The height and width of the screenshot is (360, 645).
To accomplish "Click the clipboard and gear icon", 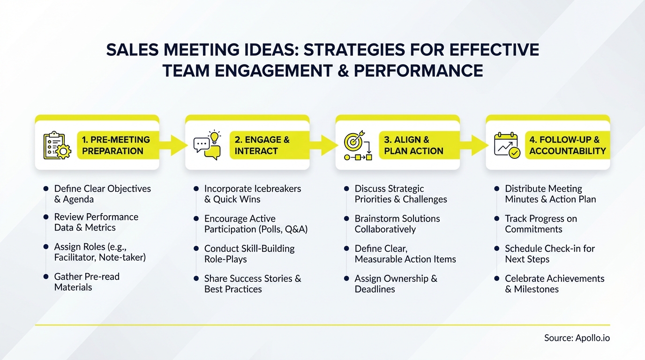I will [57, 145].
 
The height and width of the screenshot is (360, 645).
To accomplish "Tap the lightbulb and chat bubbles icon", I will [207, 145].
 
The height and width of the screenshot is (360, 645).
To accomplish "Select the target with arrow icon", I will [358, 145].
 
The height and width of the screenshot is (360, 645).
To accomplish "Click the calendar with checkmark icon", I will [507, 145].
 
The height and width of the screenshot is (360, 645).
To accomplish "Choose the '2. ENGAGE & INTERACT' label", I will [262, 145].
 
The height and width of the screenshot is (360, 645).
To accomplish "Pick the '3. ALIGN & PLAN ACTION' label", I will [413, 145].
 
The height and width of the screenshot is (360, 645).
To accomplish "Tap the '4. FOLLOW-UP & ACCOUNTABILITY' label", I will [567, 145].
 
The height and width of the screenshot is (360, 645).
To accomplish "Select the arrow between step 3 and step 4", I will [479, 145].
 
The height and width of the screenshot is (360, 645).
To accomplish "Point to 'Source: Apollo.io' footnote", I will [577, 338].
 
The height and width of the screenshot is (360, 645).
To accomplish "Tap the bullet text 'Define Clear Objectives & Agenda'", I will [102, 194].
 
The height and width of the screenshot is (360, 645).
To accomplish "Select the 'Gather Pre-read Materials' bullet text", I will [87, 282].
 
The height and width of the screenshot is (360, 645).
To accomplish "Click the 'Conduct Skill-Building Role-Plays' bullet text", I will [249, 254].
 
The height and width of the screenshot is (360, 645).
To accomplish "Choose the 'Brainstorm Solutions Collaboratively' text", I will [397, 224].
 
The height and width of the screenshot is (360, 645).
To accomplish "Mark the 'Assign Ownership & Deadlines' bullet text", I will [396, 284].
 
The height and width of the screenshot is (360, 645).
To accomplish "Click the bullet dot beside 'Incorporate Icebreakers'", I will [196, 189].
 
